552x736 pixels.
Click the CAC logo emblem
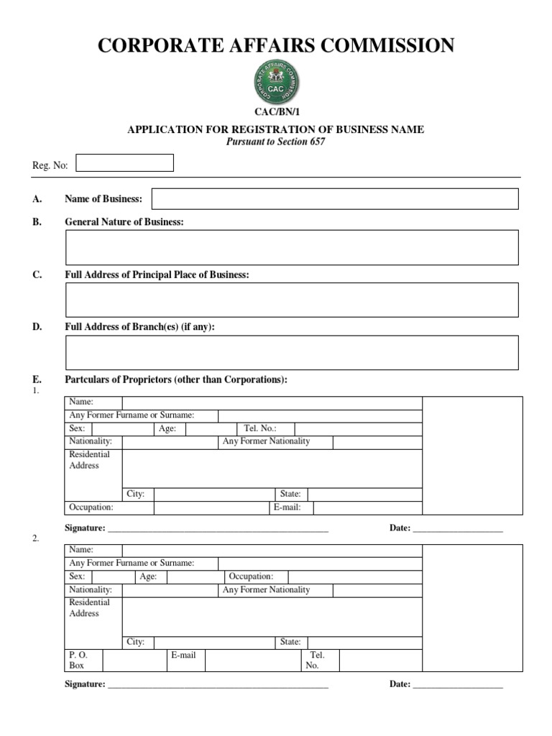[x=276, y=81]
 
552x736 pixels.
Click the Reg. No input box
[x=124, y=163]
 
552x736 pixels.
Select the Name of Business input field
[x=334, y=199]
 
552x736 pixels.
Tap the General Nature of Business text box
[x=291, y=247]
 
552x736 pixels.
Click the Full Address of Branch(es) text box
[x=291, y=352]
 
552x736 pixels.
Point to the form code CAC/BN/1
[x=276, y=112]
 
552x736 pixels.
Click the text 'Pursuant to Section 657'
[x=276, y=142]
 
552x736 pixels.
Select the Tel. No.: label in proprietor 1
[x=260, y=429]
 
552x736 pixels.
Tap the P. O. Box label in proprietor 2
[x=77, y=660]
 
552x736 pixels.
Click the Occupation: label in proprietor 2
[x=251, y=576]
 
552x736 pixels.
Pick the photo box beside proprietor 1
[x=472, y=455]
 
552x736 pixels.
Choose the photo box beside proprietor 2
[x=472, y=607]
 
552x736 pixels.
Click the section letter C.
[x=36, y=275]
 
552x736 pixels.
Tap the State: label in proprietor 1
[x=290, y=494]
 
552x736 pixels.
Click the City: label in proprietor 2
[x=135, y=642]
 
